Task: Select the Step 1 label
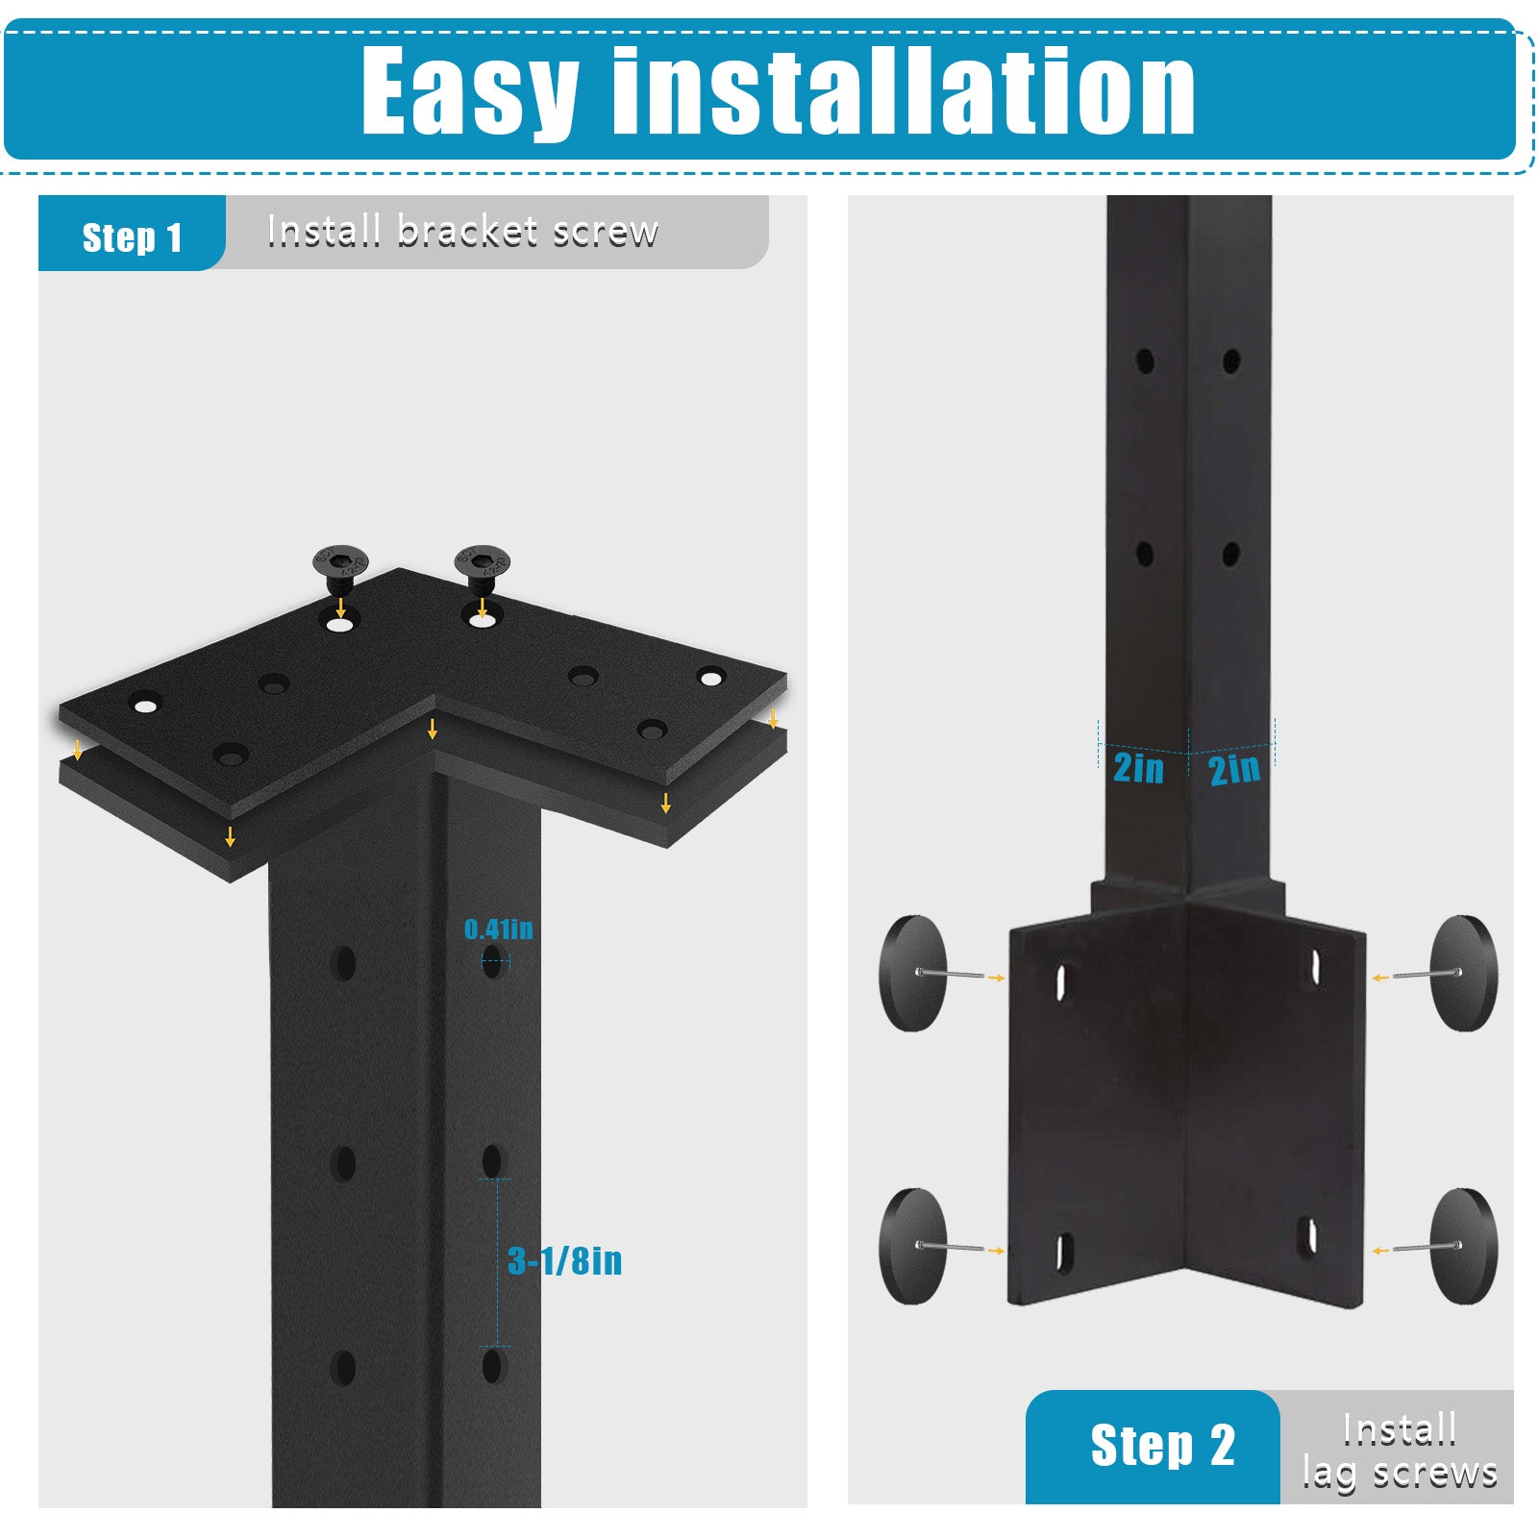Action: pos(132,236)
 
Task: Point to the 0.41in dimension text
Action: pos(498,929)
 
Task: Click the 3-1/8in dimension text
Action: pos(565,1260)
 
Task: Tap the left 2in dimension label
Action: pos(1138,768)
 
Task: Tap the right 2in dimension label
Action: pos(1234,768)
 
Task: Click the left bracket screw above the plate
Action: pos(341,570)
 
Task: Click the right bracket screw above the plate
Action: pos(483,568)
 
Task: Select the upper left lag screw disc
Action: pos(913,973)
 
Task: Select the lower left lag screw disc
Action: pos(913,1246)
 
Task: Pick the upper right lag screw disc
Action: pos(1463,973)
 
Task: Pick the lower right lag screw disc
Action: pos(1463,1246)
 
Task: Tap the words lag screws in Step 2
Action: pos(1400,1473)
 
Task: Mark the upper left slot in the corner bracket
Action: pos(1062,980)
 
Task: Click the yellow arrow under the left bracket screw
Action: pos(340,607)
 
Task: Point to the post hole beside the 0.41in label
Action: pos(493,960)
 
